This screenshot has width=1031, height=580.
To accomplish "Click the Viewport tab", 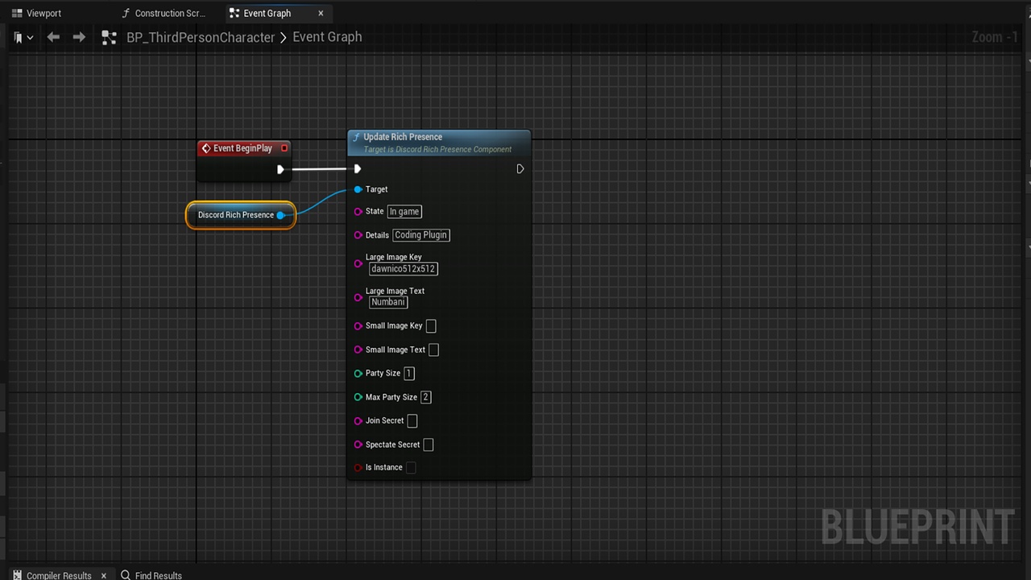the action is pyautogui.click(x=37, y=14).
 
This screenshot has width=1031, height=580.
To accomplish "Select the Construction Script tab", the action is pyautogui.click(x=164, y=14).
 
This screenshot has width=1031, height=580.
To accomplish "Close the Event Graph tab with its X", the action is pyautogui.click(x=321, y=14).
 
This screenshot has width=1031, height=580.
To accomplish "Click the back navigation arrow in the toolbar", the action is pyautogui.click(x=53, y=37).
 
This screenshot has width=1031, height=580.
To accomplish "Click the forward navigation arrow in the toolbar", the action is pyautogui.click(x=79, y=37).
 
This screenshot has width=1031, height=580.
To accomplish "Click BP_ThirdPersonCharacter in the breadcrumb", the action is pyautogui.click(x=201, y=37).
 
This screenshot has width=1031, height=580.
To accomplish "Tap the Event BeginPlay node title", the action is pyautogui.click(x=242, y=148).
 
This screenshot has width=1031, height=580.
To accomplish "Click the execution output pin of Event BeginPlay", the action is pyautogui.click(x=280, y=169).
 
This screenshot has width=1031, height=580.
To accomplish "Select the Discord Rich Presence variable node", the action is pyautogui.click(x=241, y=215).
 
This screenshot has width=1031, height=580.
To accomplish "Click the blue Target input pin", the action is pyautogui.click(x=358, y=189).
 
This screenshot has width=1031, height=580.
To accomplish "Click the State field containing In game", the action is pyautogui.click(x=404, y=211).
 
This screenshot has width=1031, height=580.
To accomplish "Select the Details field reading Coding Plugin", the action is pyautogui.click(x=420, y=234).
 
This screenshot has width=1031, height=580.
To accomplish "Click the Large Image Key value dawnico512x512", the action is pyautogui.click(x=404, y=269).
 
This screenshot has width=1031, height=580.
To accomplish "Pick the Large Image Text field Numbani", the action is pyautogui.click(x=388, y=302).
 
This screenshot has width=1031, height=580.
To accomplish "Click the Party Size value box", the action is pyautogui.click(x=408, y=373).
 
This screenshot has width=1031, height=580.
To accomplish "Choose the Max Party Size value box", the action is pyautogui.click(x=426, y=397).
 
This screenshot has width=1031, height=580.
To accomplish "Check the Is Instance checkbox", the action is pyautogui.click(x=411, y=467).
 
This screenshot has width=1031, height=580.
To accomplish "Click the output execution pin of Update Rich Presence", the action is pyautogui.click(x=520, y=169).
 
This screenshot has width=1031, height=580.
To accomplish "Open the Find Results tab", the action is pyautogui.click(x=151, y=575).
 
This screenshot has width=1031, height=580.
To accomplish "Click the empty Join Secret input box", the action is pyautogui.click(x=412, y=420).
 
